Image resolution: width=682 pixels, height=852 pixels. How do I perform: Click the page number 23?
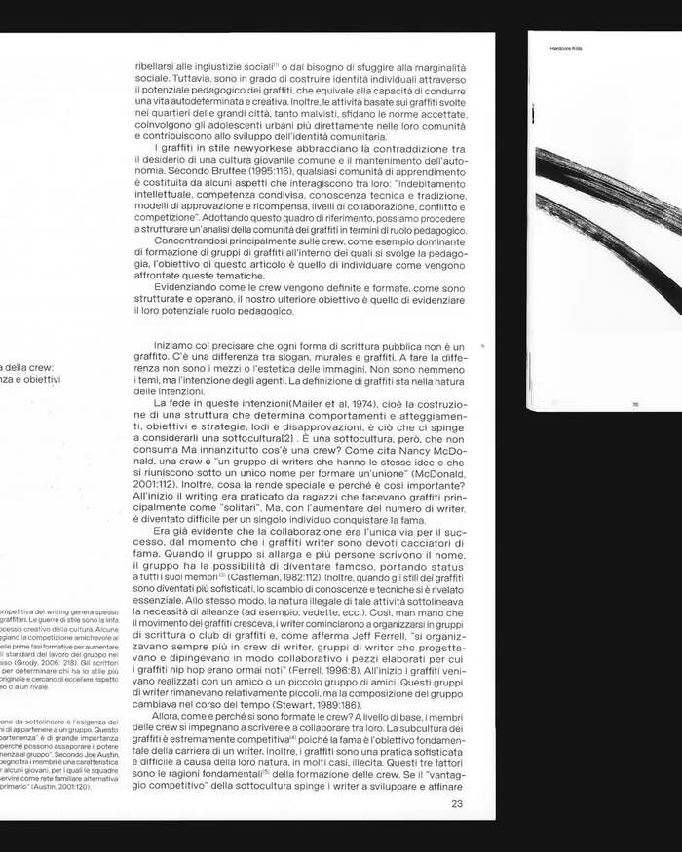(458, 803)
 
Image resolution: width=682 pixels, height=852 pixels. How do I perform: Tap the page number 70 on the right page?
(634, 403)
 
